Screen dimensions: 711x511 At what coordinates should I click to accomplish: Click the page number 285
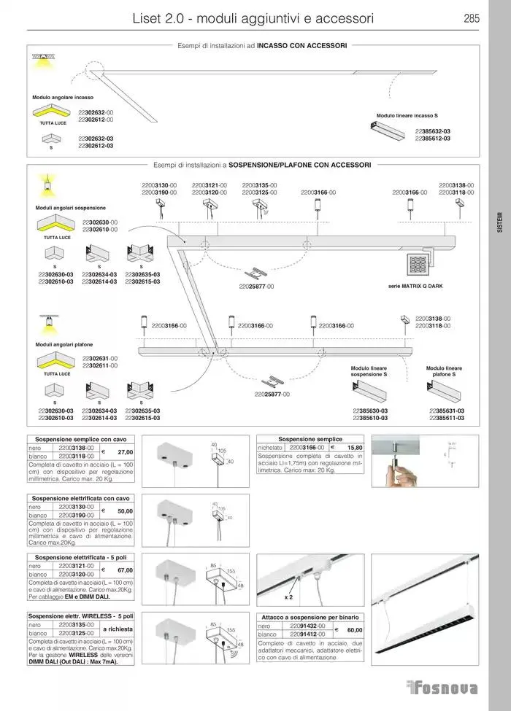(x=471, y=18)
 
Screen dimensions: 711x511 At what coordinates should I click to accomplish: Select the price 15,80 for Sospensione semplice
(x=354, y=447)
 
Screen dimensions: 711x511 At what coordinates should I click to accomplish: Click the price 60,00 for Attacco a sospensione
(x=354, y=629)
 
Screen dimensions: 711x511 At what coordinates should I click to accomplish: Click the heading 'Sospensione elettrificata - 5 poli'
(x=80, y=557)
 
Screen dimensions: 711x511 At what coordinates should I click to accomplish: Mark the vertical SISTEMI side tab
(x=499, y=222)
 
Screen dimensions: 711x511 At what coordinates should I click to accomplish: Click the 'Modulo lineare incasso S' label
(x=407, y=116)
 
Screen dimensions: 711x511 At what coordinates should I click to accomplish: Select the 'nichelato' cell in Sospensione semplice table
(x=271, y=447)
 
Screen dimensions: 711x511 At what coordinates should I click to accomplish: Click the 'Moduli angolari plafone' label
(x=64, y=343)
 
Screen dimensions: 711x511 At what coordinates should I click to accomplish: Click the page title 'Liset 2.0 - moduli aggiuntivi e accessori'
(x=253, y=18)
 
